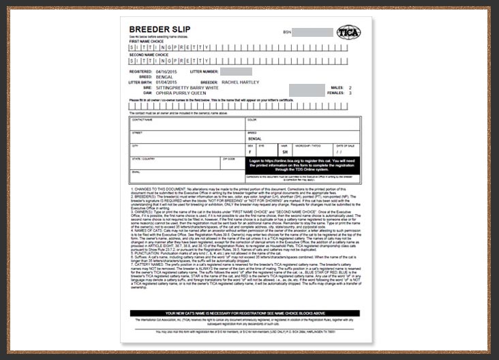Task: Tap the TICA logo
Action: click(x=349, y=32)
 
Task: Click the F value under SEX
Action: click(x=249, y=152)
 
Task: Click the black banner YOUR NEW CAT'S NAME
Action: click(x=244, y=314)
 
